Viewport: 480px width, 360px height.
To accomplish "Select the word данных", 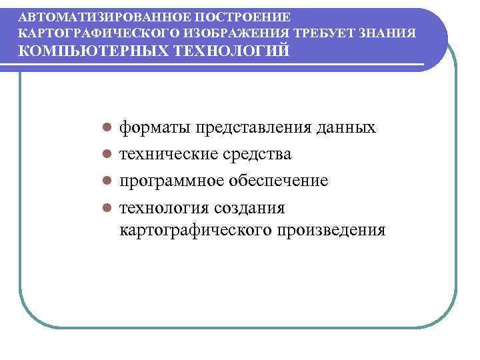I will pos(351,127).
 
